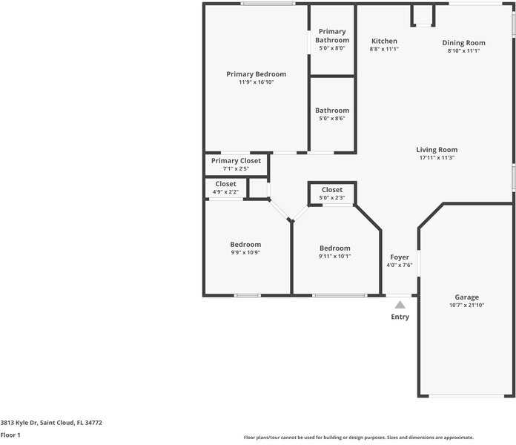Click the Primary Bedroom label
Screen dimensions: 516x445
257,74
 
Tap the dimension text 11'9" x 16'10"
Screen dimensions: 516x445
257,82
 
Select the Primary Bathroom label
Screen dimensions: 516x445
332,36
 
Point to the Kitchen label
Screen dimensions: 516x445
384,41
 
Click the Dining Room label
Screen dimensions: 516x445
463,43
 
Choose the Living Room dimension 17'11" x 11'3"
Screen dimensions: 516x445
437,158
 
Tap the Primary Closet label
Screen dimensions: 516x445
236,161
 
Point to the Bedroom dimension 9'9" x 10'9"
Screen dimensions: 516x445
245,252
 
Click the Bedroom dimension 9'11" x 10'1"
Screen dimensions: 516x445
334,256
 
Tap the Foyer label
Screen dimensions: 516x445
400,257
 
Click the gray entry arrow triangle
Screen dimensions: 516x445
400,305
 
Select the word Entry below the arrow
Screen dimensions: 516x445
400,317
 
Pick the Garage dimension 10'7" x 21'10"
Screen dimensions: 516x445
466,305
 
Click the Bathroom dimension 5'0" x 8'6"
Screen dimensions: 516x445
332,119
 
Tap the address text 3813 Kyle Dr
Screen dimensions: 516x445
19,423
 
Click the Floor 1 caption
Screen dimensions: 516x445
10,435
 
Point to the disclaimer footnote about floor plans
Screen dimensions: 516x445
358,438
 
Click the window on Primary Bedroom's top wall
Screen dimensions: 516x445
268,4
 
